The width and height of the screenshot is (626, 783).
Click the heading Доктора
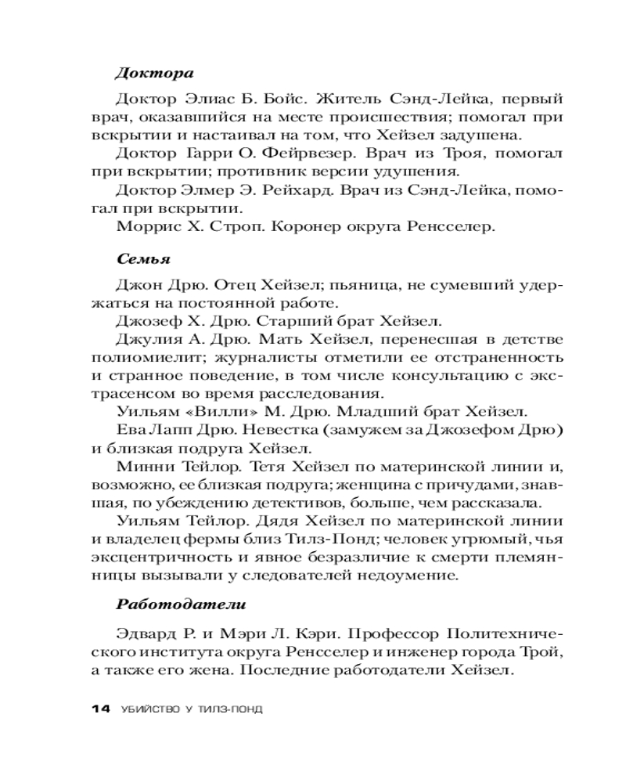click(x=154, y=74)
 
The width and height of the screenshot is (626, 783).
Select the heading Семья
click(x=144, y=258)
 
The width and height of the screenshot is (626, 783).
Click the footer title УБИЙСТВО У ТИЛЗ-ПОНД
click(x=192, y=709)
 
